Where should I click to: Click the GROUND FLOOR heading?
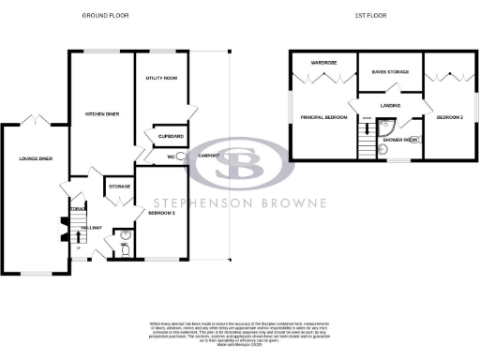click(105, 16)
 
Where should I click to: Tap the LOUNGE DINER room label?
click(35, 159)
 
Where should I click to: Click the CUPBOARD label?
click(171, 137)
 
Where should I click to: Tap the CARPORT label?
click(210, 156)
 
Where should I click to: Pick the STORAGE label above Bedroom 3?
click(119, 187)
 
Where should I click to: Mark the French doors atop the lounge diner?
click(36, 120)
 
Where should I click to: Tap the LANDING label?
click(391, 106)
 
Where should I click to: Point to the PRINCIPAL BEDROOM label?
click(323, 118)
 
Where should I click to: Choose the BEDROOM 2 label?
click(450, 118)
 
